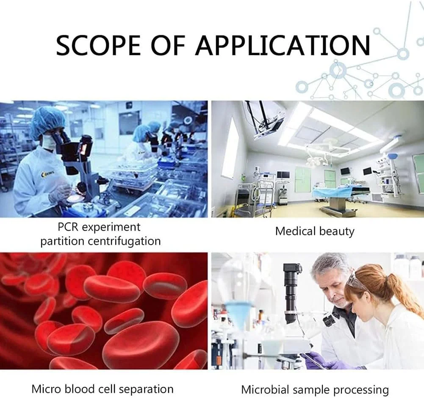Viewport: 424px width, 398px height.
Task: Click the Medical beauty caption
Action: coord(315,231)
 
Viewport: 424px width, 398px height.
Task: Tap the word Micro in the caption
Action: coord(46,389)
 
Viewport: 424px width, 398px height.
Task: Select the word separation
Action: coord(146,390)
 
